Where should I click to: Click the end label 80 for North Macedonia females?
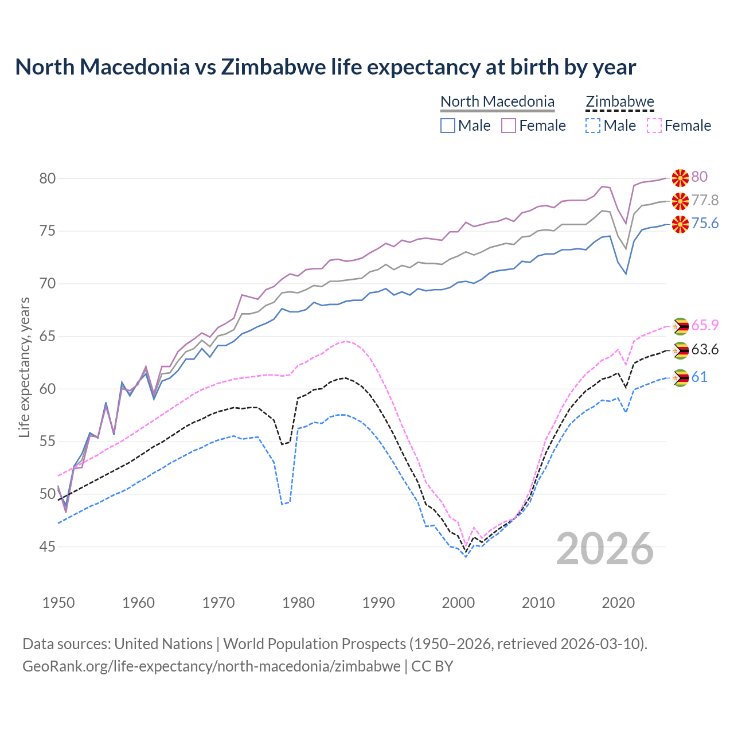click(699, 177)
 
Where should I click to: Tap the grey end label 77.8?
click(705, 200)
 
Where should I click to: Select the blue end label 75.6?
click(705, 223)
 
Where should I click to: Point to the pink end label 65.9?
click(705, 325)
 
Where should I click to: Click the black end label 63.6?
click(705, 349)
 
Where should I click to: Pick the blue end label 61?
click(699, 377)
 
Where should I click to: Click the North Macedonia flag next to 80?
click(680, 178)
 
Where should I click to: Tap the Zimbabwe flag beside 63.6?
click(680, 350)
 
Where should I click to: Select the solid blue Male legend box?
click(448, 126)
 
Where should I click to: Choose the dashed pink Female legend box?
click(654, 126)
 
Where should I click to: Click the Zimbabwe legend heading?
click(620, 101)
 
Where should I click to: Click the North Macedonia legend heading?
click(497, 101)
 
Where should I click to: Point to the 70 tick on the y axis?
click(48, 284)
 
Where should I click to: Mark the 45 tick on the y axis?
click(48, 546)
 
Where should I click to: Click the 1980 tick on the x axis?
click(298, 603)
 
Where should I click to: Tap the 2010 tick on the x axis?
click(538, 603)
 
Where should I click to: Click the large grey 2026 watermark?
click(605, 549)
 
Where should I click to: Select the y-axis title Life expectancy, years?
click(24, 367)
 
